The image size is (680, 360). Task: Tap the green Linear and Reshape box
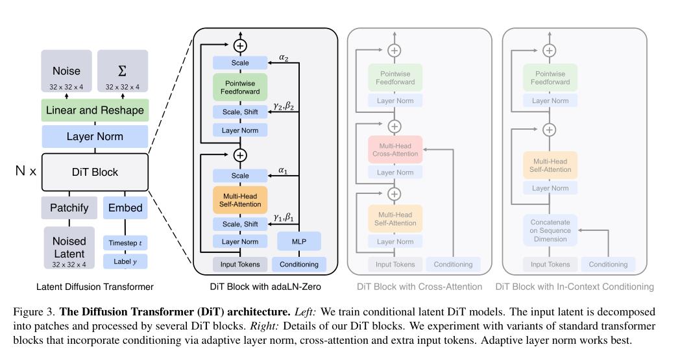pyautogui.click(x=95, y=110)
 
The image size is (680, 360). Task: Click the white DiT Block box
pyautogui.click(x=95, y=173)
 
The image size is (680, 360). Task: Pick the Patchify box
pyautogui.click(x=69, y=208)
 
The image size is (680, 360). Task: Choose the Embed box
pyautogui.click(x=125, y=208)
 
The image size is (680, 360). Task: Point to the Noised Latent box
pyautogui.click(x=69, y=247)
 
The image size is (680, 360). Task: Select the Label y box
pyautogui.click(x=125, y=261)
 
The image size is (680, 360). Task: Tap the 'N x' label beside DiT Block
pyautogui.click(x=26, y=173)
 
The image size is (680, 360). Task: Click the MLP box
pyautogui.click(x=299, y=241)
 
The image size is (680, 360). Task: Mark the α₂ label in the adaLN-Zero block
pyautogui.click(x=284, y=57)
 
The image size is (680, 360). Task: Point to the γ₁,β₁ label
pyautogui.click(x=284, y=217)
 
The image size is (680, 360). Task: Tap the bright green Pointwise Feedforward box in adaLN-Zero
pyautogui.click(x=240, y=87)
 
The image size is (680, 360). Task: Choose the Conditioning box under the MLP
pyautogui.click(x=299, y=264)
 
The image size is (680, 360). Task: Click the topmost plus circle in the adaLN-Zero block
pyautogui.click(x=241, y=45)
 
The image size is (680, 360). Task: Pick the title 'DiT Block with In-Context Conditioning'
pyautogui.click(x=574, y=286)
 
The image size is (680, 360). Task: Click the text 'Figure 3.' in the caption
pyautogui.click(x=32, y=312)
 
